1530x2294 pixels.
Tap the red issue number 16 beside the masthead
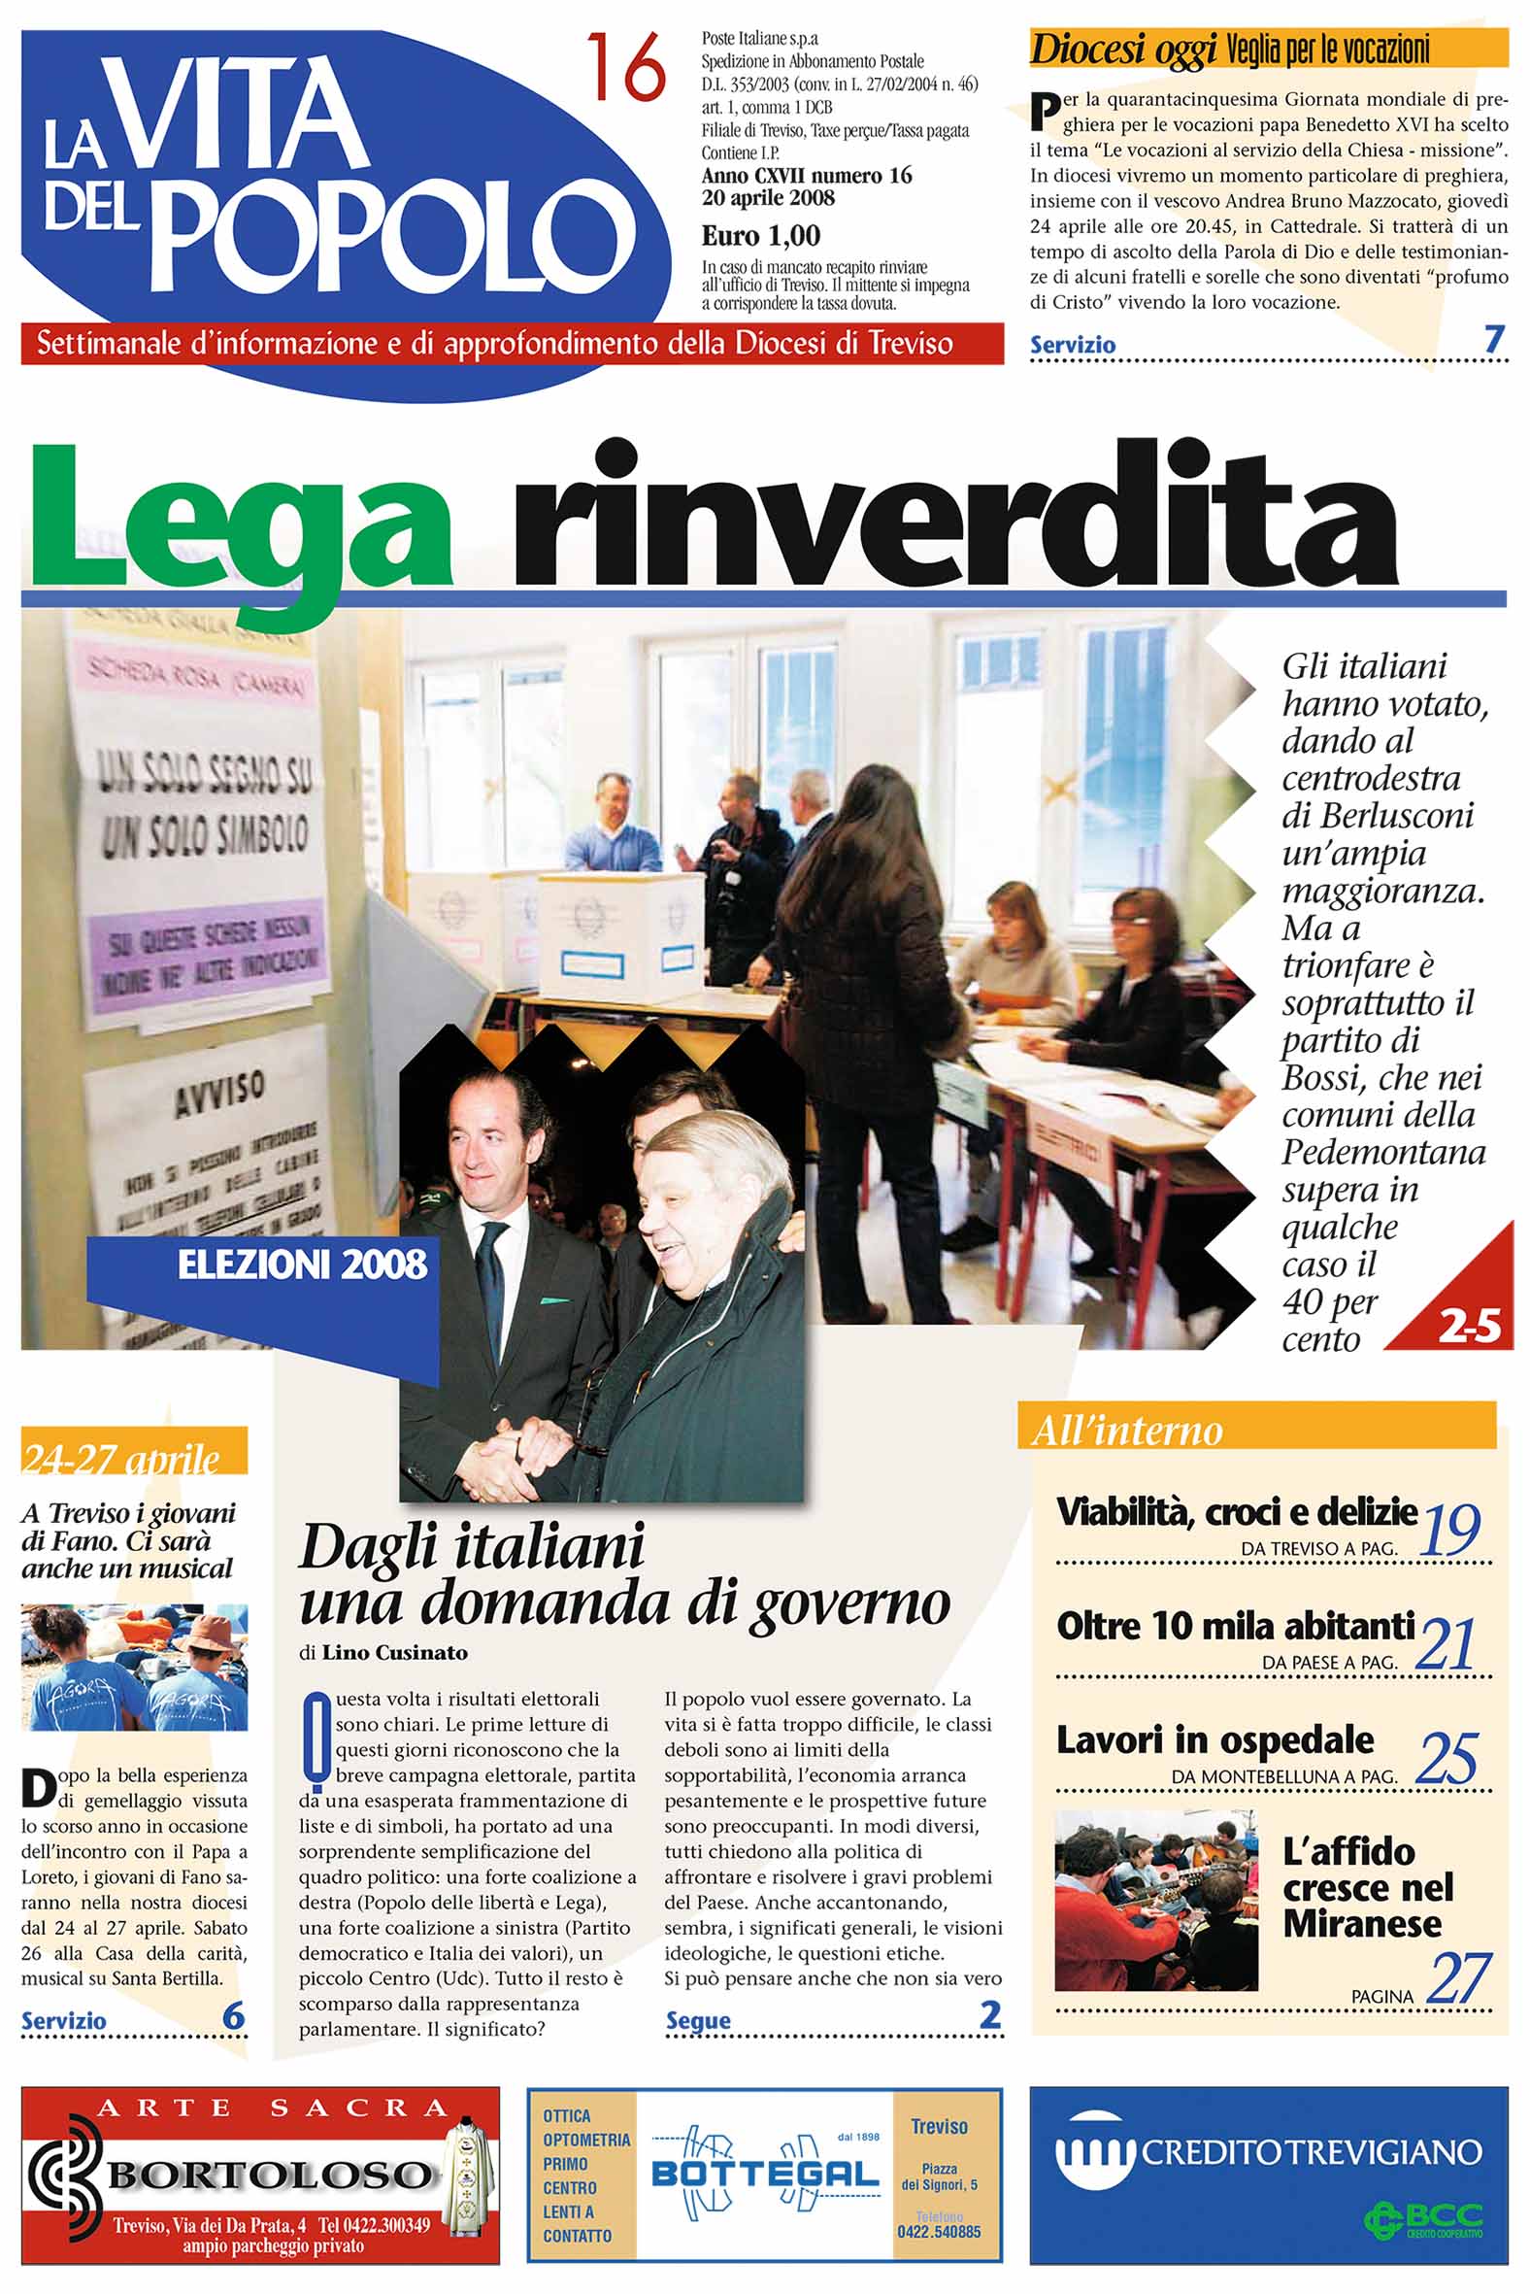[x=626, y=68]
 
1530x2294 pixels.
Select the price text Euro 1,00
[x=760, y=235]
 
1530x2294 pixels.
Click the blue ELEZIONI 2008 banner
[x=302, y=1265]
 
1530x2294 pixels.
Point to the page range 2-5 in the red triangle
[x=1469, y=1326]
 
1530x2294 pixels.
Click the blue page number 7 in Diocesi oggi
[x=1493, y=340]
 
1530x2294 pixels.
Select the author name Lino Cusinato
[x=394, y=1653]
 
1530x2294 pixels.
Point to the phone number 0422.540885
[x=939, y=2232]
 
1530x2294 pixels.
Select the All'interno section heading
[x=1127, y=1431]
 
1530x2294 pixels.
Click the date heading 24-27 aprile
[x=121, y=1459]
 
